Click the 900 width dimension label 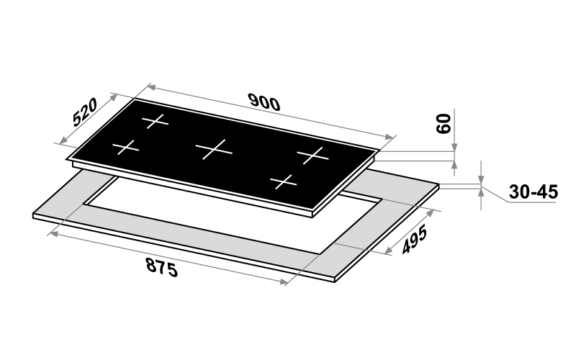264,102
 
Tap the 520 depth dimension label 85,112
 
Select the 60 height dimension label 444,124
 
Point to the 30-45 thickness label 533,192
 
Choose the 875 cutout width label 162,267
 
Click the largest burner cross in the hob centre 214,149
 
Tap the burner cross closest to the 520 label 155,121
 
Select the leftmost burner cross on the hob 125,148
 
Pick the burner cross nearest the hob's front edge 283,181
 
